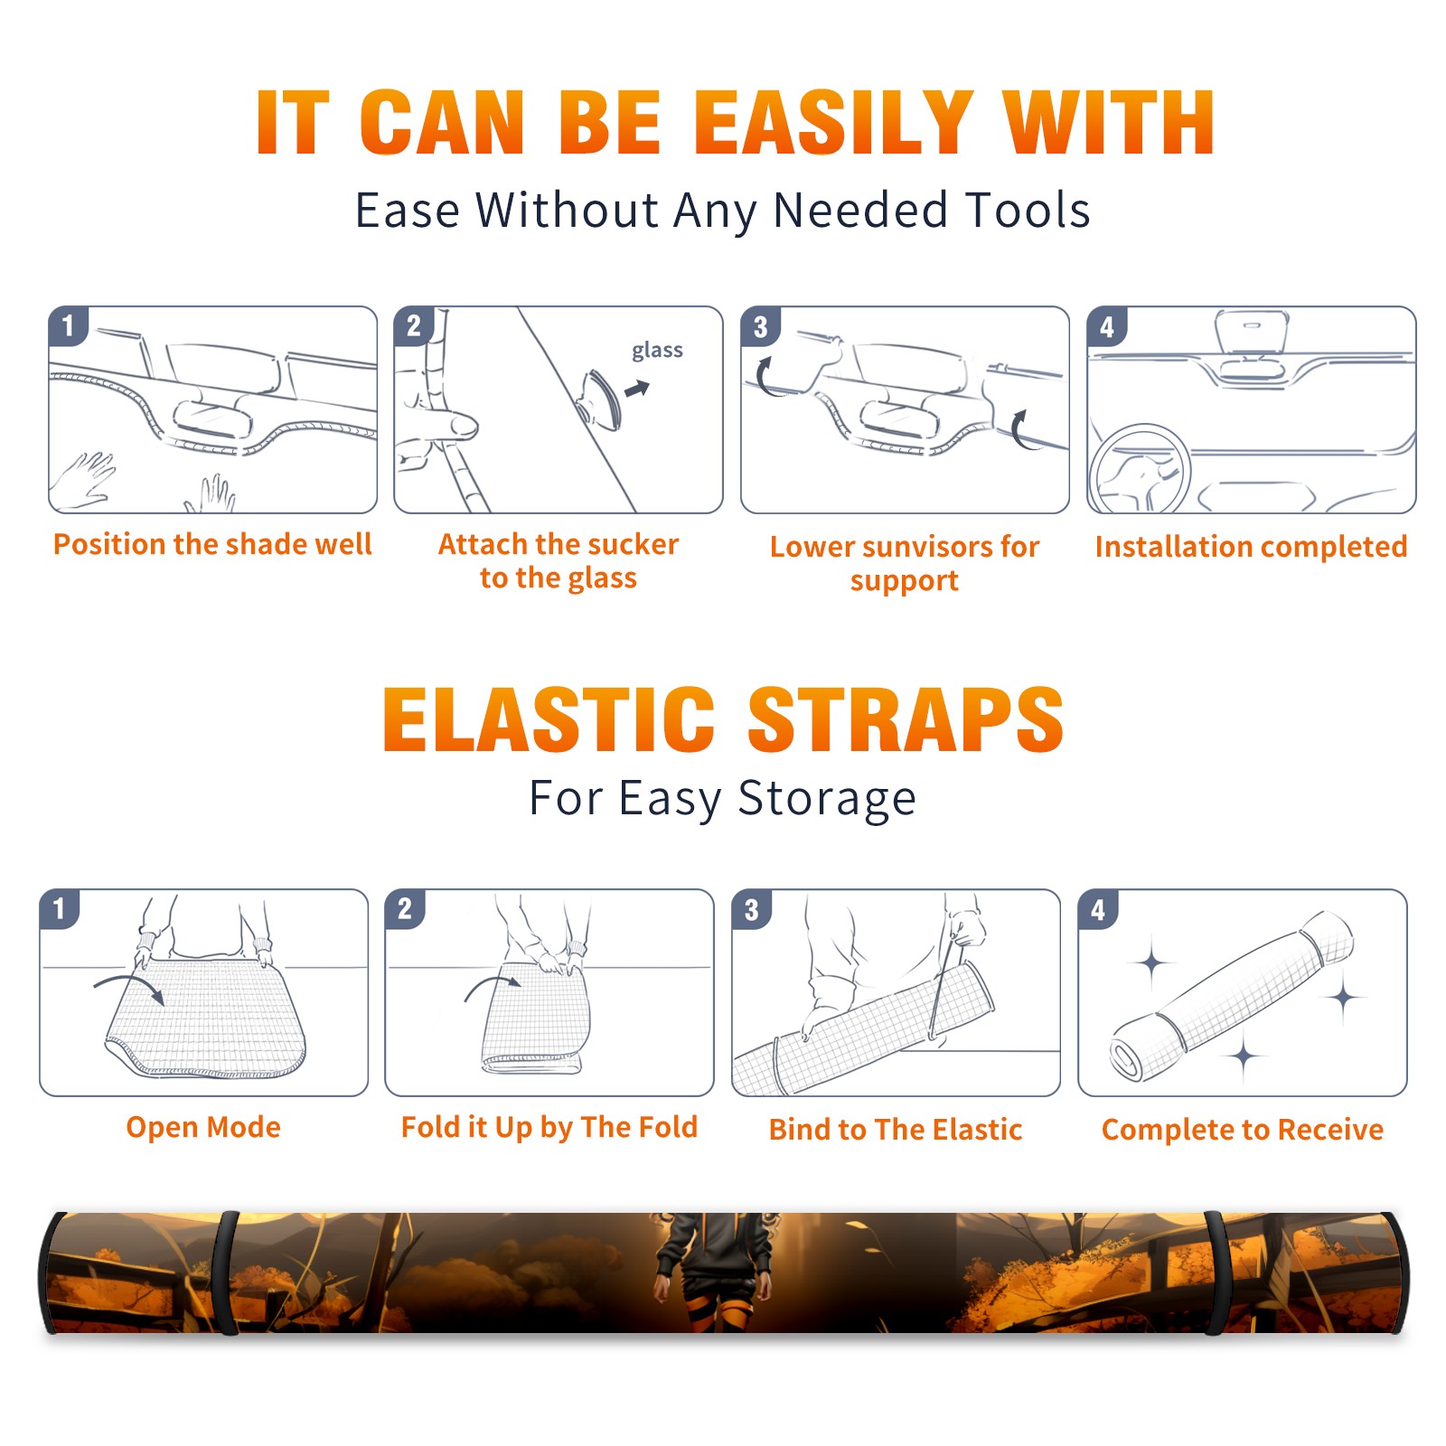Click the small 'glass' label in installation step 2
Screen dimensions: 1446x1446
click(657, 351)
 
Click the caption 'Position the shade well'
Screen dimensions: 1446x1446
click(212, 544)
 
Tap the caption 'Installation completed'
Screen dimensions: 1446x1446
click(1251, 546)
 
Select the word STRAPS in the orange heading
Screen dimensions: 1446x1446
click(906, 719)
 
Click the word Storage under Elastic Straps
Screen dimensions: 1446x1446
click(827, 799)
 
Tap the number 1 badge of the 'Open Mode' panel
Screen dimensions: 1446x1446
click(60, 909)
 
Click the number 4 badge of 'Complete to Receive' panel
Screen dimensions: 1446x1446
click(1098, 909)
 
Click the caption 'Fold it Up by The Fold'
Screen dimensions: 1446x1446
click(549, 1127)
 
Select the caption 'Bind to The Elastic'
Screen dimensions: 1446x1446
click(896, 1130)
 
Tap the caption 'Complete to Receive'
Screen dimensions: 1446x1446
click(1243, 1130)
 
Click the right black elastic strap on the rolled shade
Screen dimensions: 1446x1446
click(1216, 1273)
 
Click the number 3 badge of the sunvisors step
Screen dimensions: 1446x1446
click(760, 327)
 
